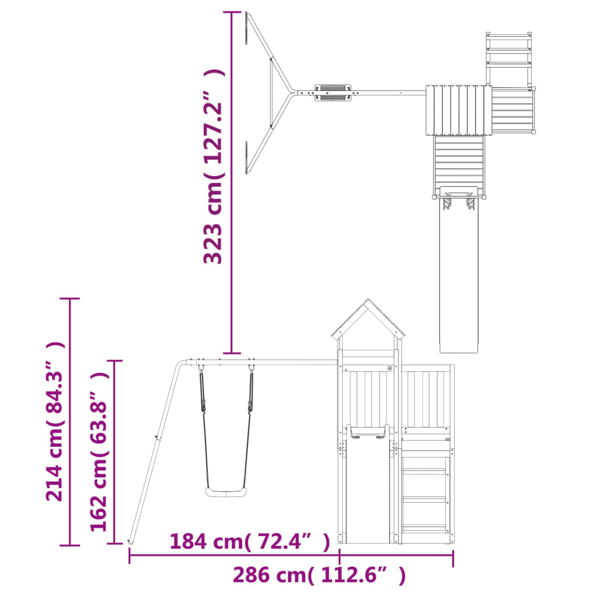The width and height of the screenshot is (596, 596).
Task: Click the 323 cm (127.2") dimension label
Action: [x=213, y=166]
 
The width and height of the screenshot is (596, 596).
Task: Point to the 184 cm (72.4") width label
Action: [x=250, y=541]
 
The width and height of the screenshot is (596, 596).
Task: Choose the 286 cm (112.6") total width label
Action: [x=320, y=574]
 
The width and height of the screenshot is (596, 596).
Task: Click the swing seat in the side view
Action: [x=225, y=492]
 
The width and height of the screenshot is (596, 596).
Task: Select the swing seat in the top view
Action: [x=332, y=93]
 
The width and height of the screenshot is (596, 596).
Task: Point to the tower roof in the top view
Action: [x=459, y=110]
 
